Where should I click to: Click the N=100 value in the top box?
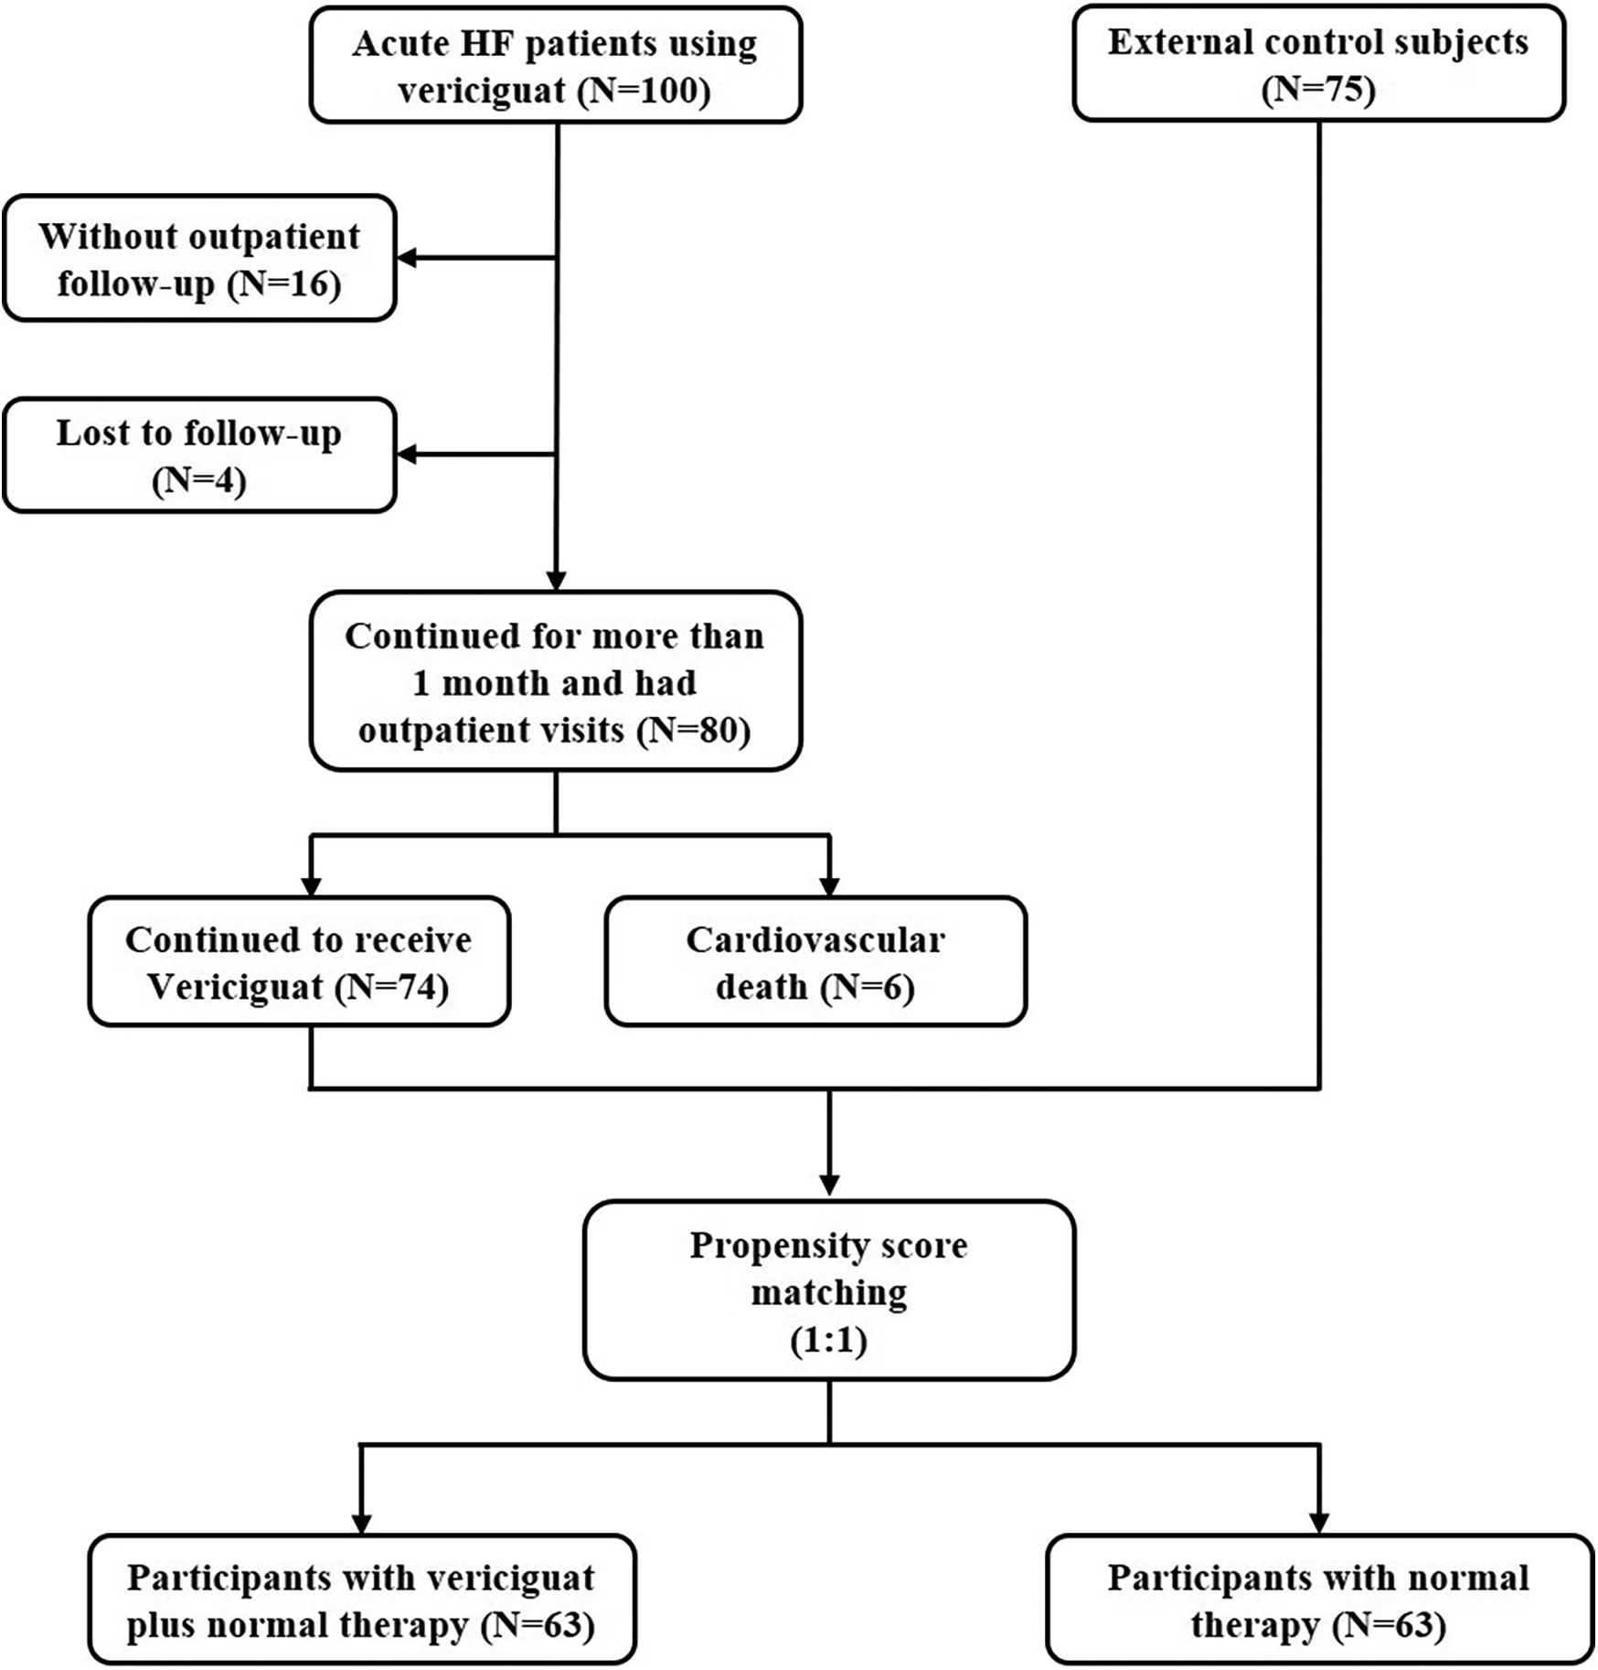coord(645,91)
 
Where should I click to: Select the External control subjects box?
coord(1318,64)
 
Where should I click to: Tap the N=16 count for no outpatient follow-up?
coord(284,284)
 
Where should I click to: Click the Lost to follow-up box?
coord(199,455)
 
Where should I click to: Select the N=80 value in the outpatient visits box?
coord(694,731)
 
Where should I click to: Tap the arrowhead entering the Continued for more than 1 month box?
coord(556,582)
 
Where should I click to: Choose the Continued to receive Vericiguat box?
coord(299,961)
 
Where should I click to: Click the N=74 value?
coord(391,988)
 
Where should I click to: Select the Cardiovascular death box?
coord(815,961)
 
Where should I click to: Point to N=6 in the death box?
coord(867,988)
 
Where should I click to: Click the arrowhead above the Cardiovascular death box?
coord(829,886)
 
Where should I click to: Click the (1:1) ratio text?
coord(828,1341)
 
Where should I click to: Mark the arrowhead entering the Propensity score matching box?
coord(829,1185)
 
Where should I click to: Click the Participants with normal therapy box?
coord(1318,1600)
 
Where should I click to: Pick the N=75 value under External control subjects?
coord(1318,90)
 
